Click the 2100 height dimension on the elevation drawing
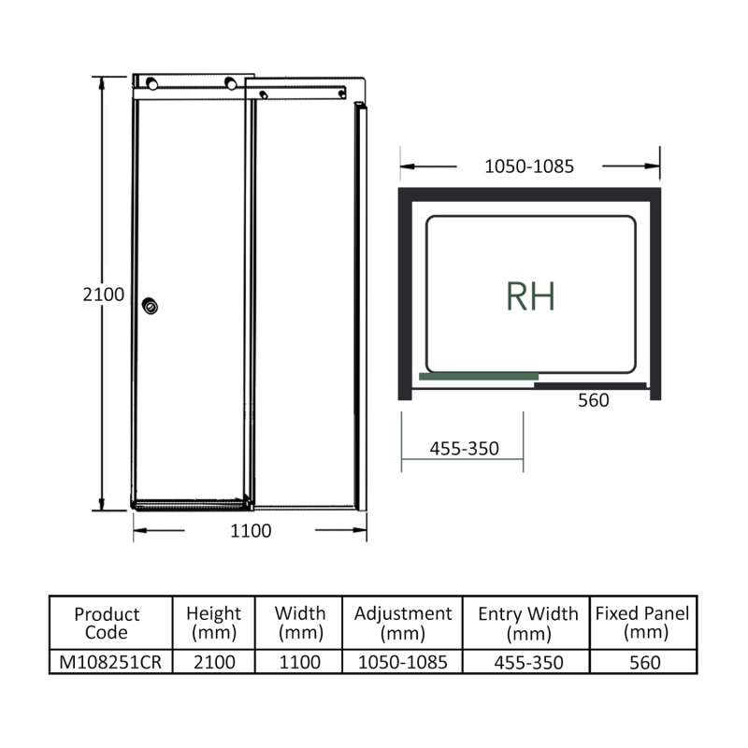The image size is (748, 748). point(103,294)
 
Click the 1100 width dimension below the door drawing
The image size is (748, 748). point(251,531)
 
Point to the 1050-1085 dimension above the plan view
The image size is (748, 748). point(528,166)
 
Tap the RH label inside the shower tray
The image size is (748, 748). point(530,296)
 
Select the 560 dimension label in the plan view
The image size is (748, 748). point(593,400)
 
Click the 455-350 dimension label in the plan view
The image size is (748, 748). point(464,448)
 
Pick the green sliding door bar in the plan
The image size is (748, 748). point(478,377)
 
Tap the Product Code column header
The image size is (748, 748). point(107,623)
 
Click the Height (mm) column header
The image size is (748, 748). point(213,623)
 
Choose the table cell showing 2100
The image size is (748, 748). point(213,662)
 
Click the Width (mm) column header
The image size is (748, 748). point(299,623)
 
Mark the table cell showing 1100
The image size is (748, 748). point(299,662)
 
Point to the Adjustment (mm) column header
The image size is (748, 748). point(403,623)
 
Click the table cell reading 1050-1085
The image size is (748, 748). point(403,662)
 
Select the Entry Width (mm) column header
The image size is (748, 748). point(528,623)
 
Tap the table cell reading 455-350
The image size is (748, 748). point(528,662)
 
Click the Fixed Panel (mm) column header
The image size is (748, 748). point(642,623)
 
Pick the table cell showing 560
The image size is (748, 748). point(642,662)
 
